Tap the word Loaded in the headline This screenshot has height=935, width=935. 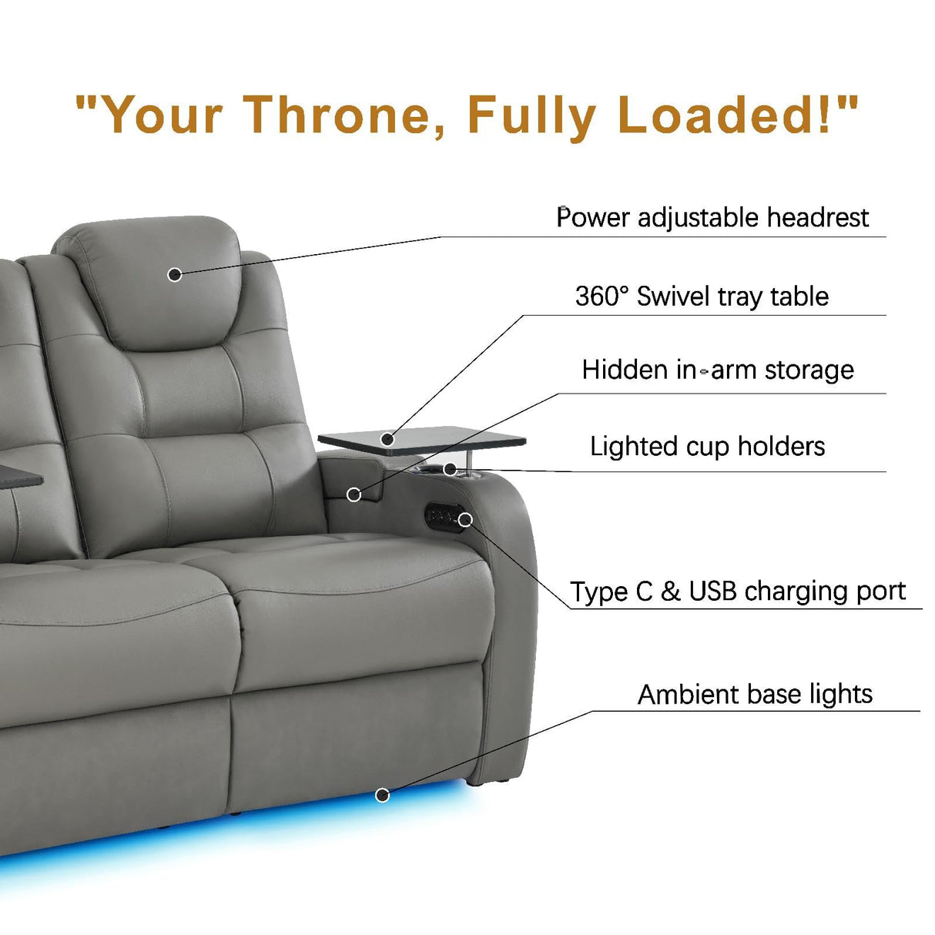723,115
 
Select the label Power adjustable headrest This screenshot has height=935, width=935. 712,218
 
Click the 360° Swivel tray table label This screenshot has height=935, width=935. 702,297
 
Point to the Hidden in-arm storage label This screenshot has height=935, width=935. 718,370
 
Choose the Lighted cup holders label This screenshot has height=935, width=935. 707,447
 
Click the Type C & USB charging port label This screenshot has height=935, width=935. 738,591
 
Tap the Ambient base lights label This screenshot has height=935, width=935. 755,695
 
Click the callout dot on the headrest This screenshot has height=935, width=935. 175,274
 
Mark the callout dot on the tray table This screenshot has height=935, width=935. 387,440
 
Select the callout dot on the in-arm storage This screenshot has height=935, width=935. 354,494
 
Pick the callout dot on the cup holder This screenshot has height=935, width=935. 450,468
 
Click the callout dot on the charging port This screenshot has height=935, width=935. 464,520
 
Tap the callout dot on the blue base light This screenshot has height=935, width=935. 382,794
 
